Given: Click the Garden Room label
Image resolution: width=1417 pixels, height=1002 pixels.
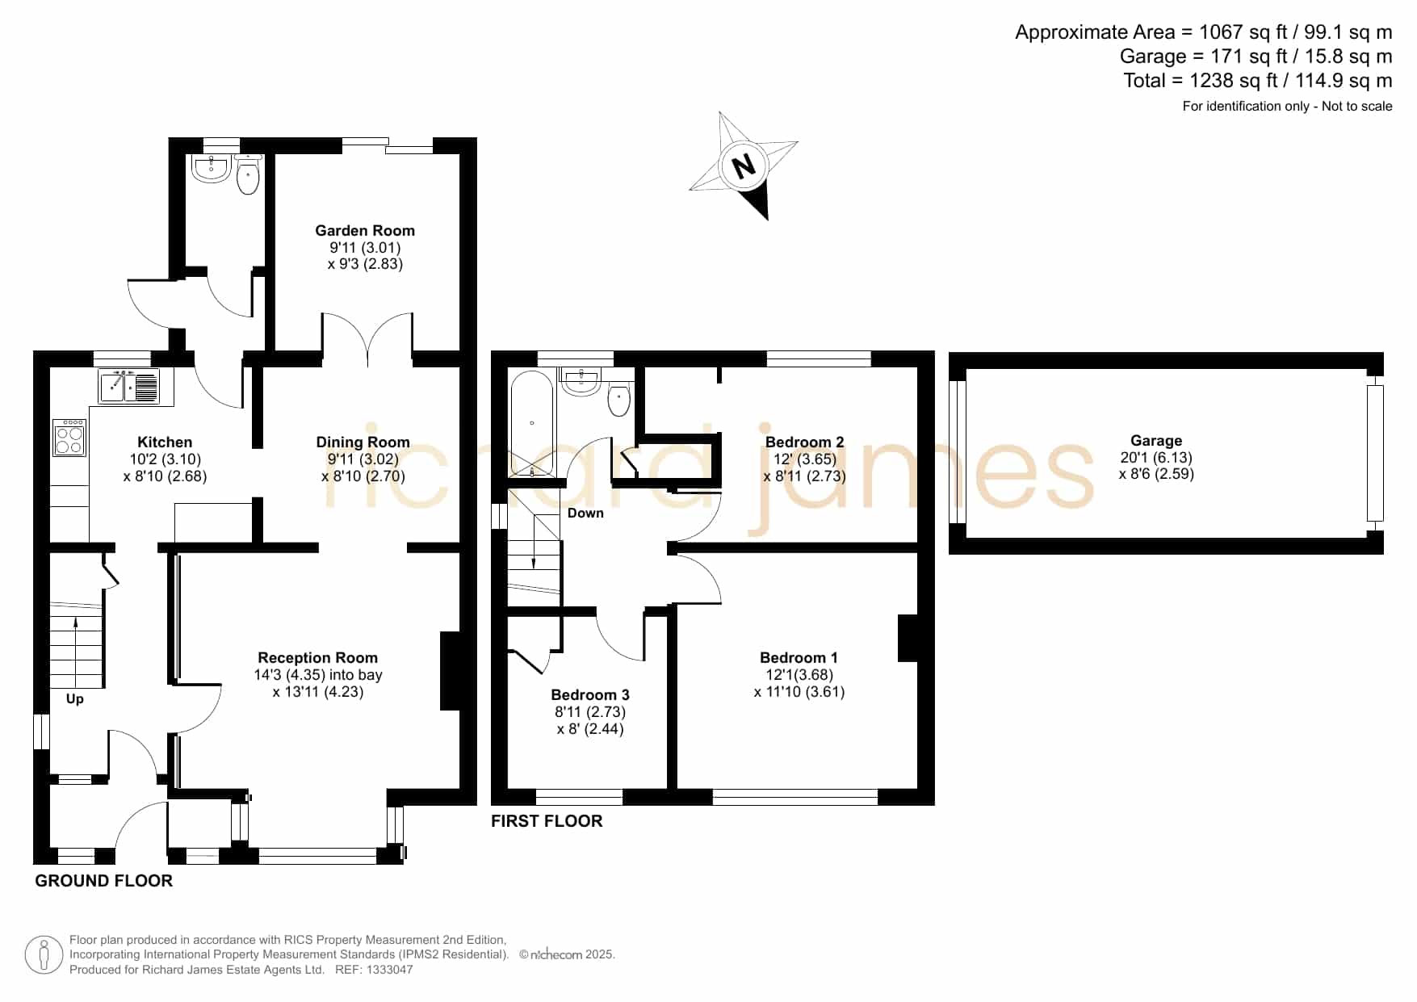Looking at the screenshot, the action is pyautogui.click(x=365, y=231).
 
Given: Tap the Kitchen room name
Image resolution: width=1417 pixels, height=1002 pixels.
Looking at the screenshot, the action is pyautogui.click(x=165, y=442).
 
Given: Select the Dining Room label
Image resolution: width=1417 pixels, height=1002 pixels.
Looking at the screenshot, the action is pyautogui.click(x=363, y=442).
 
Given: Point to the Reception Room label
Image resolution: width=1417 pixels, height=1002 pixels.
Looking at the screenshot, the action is pyautogui.click(x=317, y=658).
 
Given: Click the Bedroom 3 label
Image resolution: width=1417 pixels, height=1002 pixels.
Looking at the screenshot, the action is pyautogui.click(x=590, y=695).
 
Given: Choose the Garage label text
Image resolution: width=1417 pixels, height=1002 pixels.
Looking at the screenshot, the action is pyautogui.click(x=1156, y=441).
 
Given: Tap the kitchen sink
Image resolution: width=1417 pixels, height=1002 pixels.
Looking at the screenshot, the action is pyautogui.click(x=129, y=386).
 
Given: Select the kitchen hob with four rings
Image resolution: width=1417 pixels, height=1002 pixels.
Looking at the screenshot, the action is pyautogui.click(x=70, y=438).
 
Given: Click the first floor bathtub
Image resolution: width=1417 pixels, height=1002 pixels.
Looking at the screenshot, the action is pyautogui.click(x=531, y=424).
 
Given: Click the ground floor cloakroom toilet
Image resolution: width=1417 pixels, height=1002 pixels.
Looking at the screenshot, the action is pyautogui.click(x=248, y=175).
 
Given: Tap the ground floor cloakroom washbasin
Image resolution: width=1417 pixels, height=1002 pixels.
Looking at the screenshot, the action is pyautogui.click(x=212, y=168).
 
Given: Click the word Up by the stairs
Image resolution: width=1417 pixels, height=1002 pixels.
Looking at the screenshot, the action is pyautogui.click(x=74, y=699).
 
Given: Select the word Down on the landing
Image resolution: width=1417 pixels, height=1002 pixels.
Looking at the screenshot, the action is pyautogui.click(x=585, y=514).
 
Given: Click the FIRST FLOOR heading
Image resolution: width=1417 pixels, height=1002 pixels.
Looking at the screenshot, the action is pyautogui.click(x=547, y=821).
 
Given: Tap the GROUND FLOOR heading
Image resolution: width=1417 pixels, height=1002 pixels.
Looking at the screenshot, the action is pyautogui.click(x=103, y=881).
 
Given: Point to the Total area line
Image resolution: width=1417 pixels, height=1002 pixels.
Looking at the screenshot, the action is pyautogui.click(x=1258, y=81).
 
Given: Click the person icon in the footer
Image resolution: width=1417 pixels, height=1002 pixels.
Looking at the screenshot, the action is pyautogui.click(x=44, y=955).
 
